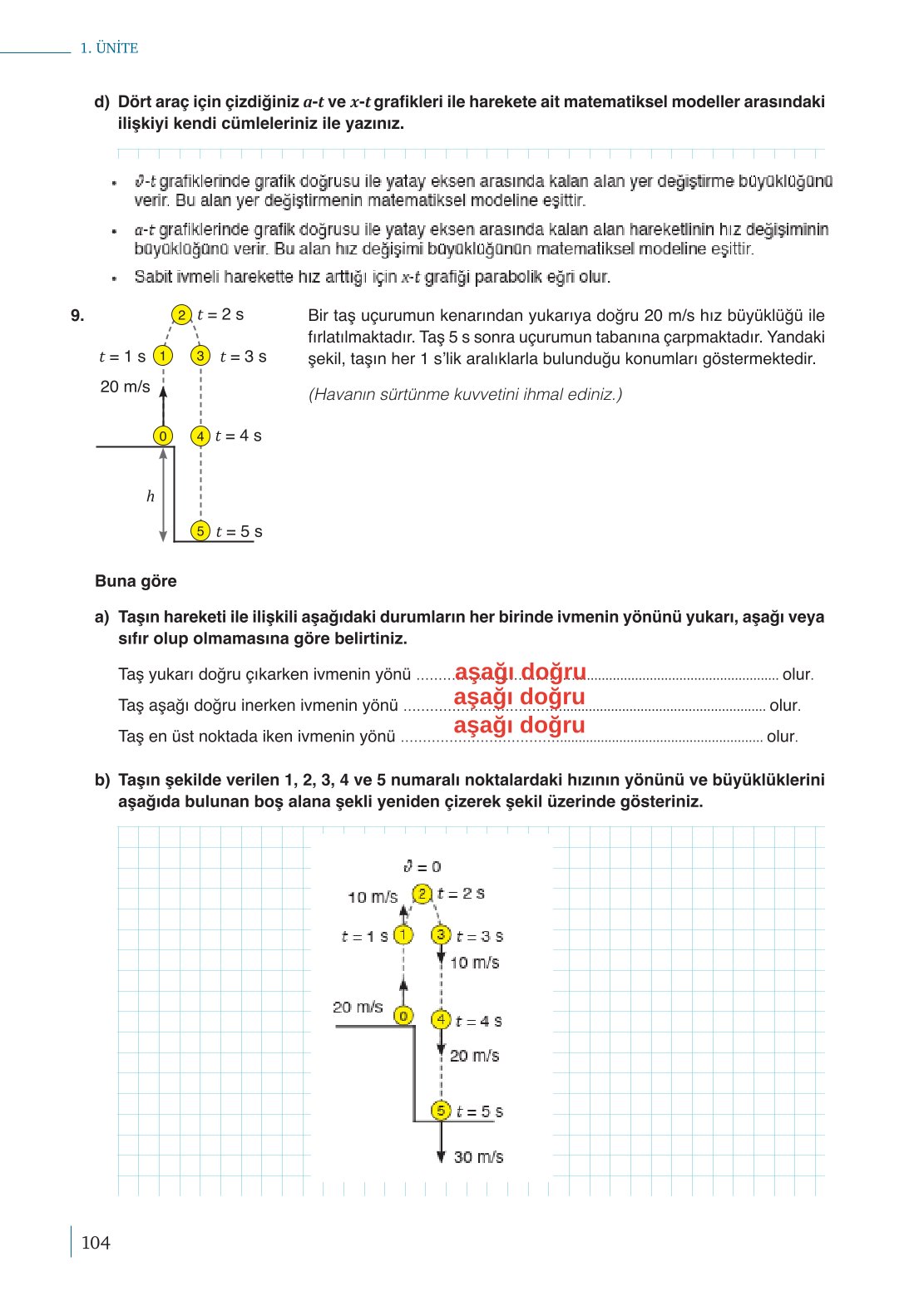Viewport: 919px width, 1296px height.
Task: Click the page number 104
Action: (x=96, y=1243)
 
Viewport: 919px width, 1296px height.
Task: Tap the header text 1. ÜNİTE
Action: (x=109, y=48)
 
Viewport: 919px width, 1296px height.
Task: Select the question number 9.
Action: (x=77, y=316)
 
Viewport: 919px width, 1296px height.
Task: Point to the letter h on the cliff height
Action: (x=151, y=496)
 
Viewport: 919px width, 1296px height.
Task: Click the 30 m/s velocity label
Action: (x=478, y=1156)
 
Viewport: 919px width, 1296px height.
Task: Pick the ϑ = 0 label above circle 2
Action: (x=422, y=866)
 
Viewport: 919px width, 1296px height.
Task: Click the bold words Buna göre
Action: (x=136, y=581)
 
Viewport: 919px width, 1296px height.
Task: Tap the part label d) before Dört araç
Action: (x=101, y=102)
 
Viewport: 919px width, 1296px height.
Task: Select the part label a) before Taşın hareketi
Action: (x=101, y=617)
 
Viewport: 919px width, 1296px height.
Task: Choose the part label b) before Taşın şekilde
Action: (x=101, y=780)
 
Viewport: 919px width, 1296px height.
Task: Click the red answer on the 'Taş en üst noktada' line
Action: (x=519, y=725)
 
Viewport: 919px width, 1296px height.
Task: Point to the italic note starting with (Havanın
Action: (x=465, y=394)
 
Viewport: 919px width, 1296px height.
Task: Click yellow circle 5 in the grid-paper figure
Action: (x=441, y=1111)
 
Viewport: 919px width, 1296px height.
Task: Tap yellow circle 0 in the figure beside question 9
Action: (x=163, y=436)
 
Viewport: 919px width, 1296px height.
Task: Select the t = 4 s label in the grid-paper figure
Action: (x=478, y=1021)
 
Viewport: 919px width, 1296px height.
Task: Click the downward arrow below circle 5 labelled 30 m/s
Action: (x=442, y=1142)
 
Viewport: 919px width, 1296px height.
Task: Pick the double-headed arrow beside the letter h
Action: (x=164, y=495)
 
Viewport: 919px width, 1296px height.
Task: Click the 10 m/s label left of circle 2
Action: (x=372, y=897)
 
